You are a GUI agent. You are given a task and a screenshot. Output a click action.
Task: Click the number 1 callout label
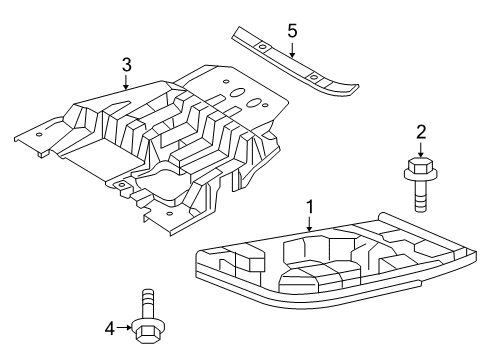tap(310, 207)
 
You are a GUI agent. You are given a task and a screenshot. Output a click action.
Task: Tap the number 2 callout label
tap(421, 131)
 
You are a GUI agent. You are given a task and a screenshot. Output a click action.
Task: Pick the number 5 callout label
tap(292, 31)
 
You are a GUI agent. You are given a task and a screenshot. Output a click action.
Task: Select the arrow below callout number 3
tap(126, 82)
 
